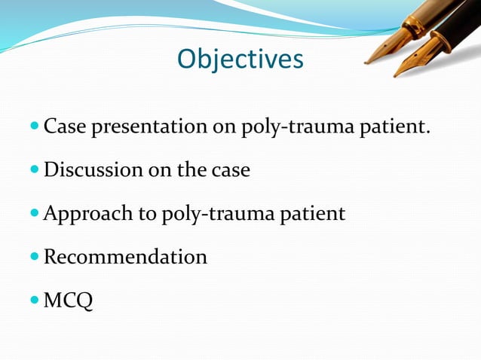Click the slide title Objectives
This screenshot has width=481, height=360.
(240, 59)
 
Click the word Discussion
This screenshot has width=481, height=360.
(90, 170)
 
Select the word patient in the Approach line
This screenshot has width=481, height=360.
(314, 215)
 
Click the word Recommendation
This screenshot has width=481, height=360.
(125, 258)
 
